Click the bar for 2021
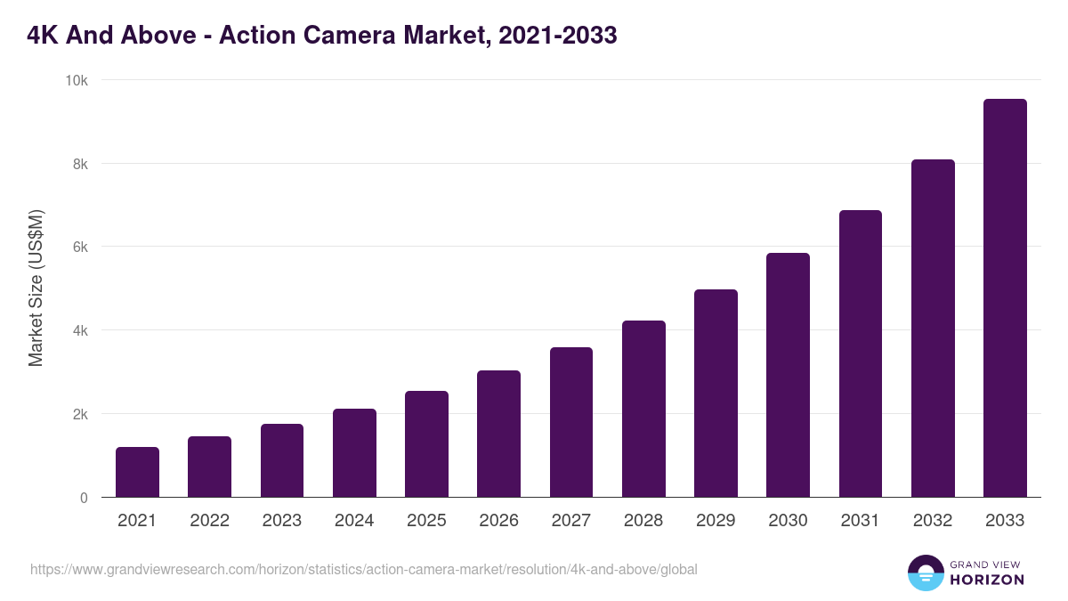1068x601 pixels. point(137,472)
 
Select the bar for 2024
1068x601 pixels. point(354,453)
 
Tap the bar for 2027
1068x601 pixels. point(571,422)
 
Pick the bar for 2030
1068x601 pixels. point(788,375)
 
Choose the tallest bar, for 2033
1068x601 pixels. point(1005,298)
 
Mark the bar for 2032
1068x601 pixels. point(933,329)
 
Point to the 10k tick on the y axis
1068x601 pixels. point(77,80)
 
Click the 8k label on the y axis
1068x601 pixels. point(79,164)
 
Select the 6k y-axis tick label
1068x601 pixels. point(79,248)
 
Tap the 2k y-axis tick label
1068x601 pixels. point(79,414)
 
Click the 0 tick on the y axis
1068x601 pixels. point(84,498)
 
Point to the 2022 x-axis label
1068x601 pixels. point(210,521)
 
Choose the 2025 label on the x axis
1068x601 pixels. point(426,521)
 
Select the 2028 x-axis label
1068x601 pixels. point(643,521)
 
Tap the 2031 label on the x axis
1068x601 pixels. point(861,521)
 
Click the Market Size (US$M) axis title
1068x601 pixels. point(36,288)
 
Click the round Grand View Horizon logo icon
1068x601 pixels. point(925,573)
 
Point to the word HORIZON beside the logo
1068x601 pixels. point(987,580)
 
